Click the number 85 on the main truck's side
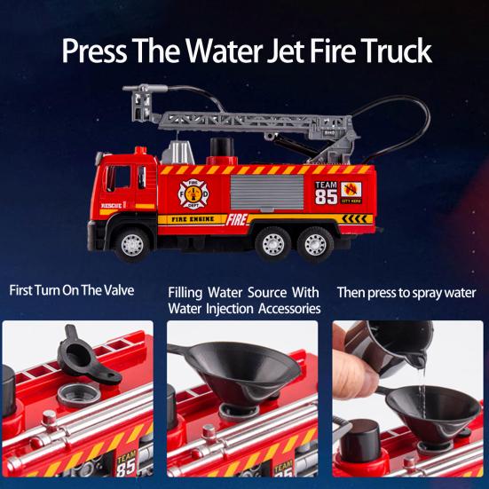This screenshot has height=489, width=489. click(x=326, y=196)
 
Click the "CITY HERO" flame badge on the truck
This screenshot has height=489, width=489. click(x=352, y=192)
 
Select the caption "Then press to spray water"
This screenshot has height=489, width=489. click(x=406, y=292)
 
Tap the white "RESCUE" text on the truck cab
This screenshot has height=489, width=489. click(x=112, y=205)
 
